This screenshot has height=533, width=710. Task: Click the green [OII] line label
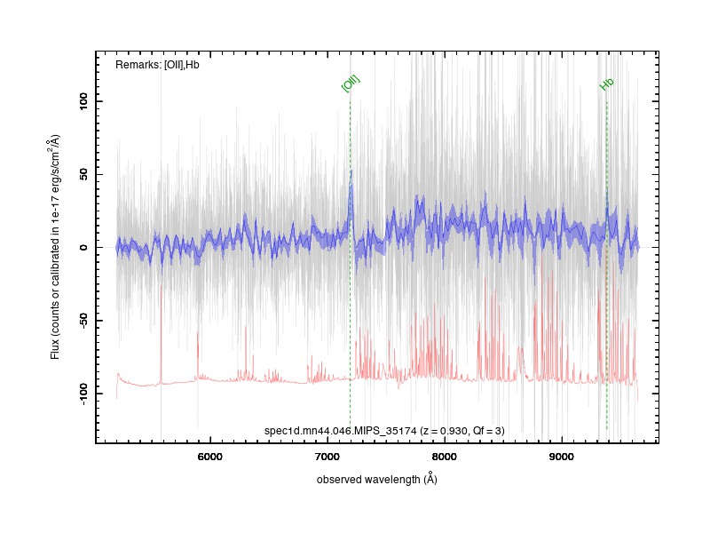coord(351,84)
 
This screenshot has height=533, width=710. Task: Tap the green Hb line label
coord(607,84)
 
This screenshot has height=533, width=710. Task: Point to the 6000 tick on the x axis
coord(210,457)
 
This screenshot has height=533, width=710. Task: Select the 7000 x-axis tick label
coord(327,457)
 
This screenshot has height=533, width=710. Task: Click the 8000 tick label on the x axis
coord(445,457)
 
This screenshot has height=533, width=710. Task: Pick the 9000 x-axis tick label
coord(562,457)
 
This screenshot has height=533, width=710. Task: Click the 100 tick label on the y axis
coord(83,101)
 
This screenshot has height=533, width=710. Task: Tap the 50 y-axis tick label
coord(83,174)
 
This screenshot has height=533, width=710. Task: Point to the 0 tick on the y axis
coord(83,248)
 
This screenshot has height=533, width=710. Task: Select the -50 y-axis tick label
coord(83,321)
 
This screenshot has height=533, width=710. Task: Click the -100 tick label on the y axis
coord(83,394)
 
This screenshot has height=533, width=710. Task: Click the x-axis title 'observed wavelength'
coord(368,480)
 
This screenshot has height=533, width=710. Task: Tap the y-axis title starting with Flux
coord(55,247)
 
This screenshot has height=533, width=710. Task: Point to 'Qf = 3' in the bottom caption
coord(486,431)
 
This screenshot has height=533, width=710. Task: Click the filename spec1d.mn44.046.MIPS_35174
coord(340,431)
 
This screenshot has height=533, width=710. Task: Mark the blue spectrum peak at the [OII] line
coord(351,171)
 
